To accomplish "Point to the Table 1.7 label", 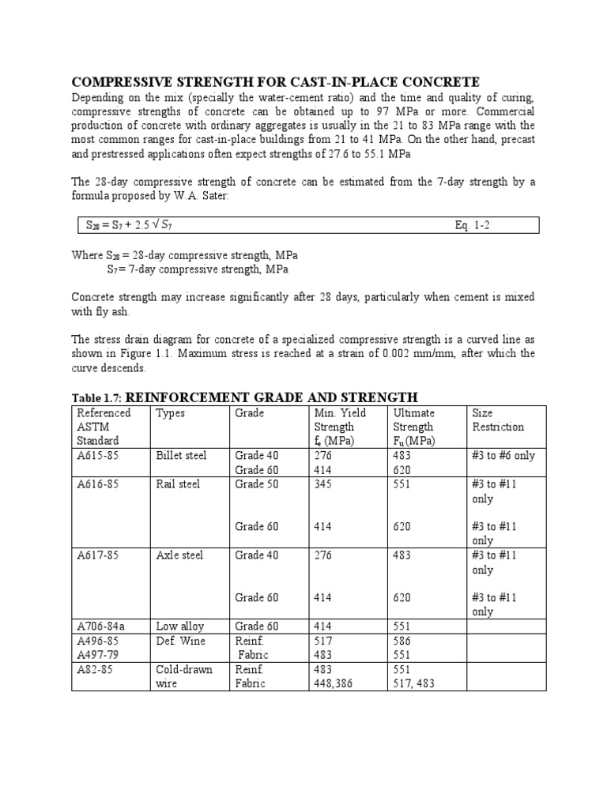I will (96, 397).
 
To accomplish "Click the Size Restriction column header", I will (497, 420).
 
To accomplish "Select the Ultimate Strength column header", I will (413, 427).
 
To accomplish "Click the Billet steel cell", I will (179, 456).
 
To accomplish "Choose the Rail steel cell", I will (177, 484).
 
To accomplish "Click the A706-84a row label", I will (100, 627).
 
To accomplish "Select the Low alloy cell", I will (180, 627).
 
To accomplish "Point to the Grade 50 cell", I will (256, 484).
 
